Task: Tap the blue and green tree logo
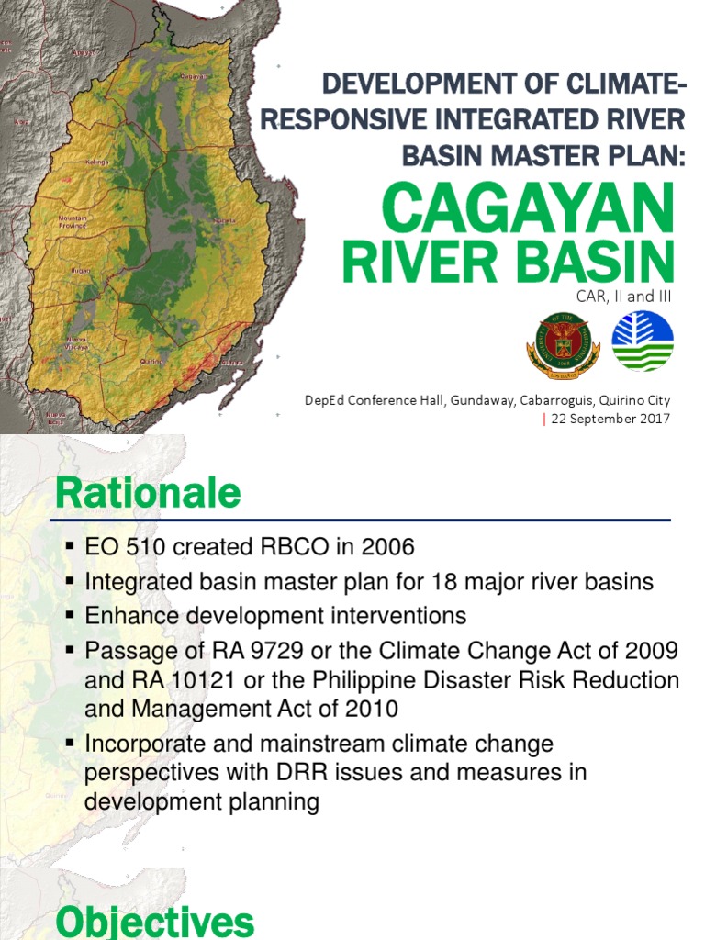click(x=643, y=341)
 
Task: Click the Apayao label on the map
click(x=84, y=53)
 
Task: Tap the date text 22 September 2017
click(x=610, y=419)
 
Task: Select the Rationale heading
click(x=148, y=495)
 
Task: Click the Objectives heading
click(x=154, y=921)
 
